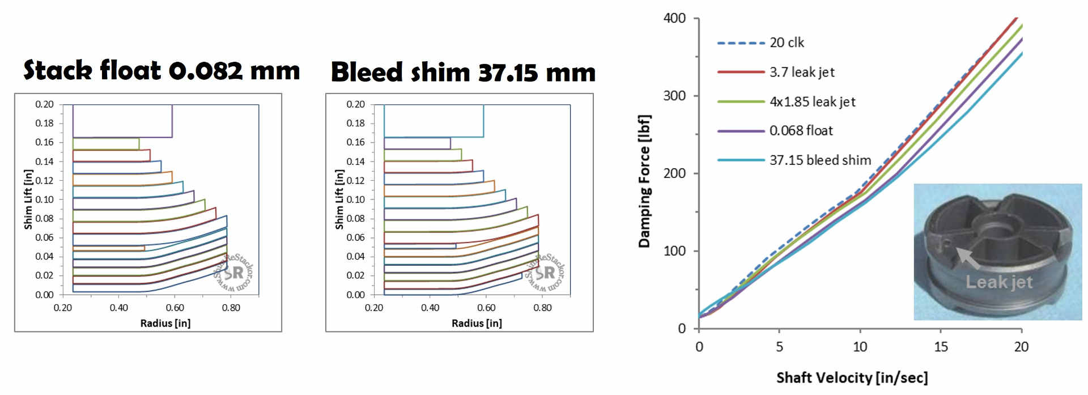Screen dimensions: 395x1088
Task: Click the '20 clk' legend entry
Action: pyautogui.click(x=787, y=43)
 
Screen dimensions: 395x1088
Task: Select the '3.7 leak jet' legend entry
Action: pyautogui.click(x=801, y=72)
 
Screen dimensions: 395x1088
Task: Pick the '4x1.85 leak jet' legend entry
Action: pyautogui.click(x=812, y=101)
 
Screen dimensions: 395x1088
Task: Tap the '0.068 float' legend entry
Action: pyautogui.click(x=801, y=131)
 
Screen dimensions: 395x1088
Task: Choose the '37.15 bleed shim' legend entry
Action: pyautogui.click(x=820, y=160)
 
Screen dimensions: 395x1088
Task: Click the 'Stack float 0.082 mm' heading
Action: pyautogui.click(x=161, y=71)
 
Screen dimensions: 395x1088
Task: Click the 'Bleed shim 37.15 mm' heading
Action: pyautogui.click(x=463, y=73)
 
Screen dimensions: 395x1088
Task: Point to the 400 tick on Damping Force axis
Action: pyautogui.click(x=674, y=18)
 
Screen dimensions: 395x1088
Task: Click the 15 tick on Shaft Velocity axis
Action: pyautogui.click(x=941, y=347)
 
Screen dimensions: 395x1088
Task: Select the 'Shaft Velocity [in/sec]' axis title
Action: pyautogui.click(x=852, y=378)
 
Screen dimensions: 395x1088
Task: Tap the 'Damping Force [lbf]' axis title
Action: pyautogui.click(x=644, y=181)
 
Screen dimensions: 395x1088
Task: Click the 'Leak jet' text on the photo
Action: pyautogui.click(x=998, y=282)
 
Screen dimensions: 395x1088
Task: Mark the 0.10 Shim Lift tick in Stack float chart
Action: pyautogui.click(x=44, y=199)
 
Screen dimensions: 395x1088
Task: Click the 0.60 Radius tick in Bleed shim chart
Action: pyautogui.click(x=486, y=308)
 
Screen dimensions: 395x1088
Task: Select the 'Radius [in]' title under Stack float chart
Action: pyautogui.click(x=165, y=323)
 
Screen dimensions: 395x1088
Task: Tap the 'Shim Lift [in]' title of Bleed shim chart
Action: pyautogui.click(x=339, y=199)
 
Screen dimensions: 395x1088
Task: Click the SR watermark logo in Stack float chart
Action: pyautogui.click(x=233, y=273)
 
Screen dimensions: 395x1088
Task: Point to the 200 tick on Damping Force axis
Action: pyautogui.click(x=674, y=173)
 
